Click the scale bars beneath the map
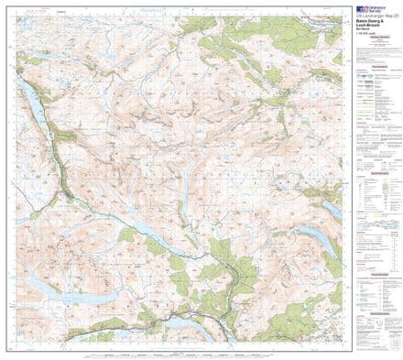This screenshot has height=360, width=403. click(x=174, y=352)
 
